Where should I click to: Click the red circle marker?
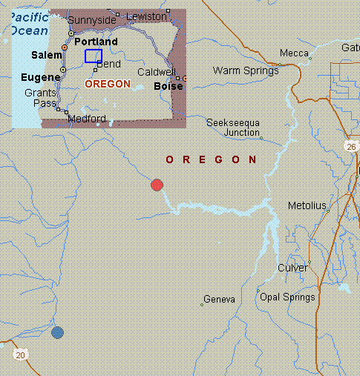pyautogui.click(x=157, y=185)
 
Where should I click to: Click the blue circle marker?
pyautogui.click(x=57, y=332)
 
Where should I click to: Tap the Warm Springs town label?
pyautogui.click(x=246, y=71)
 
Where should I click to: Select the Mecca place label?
pyautogui.click(x=294, y=53)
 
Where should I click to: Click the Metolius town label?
pyautogui.click(x=307, y=205)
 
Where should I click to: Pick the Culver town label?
pyautogui.click(x=292, y=268)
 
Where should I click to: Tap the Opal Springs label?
pyautogui.click(x=287, y=297)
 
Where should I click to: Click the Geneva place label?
pyautogui.click(x=220, y=300)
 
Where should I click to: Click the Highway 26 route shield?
pyautogui.click(x=351, y=148)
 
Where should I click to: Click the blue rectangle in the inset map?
pyautogui.click(x=93, y=56)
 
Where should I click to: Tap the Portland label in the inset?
pyautogui.click(x=96, y=42)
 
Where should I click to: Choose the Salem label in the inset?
pyautogui.click(x=48, y=56)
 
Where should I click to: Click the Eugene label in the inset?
pyautogui.click(x=40, y=76)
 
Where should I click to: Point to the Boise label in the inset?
pyautogui.click(x=167, y=86)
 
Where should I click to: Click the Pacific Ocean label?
pyautogui.click(x=29, y=24)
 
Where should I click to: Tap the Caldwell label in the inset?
pyautogui.click(x=157, y=73)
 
